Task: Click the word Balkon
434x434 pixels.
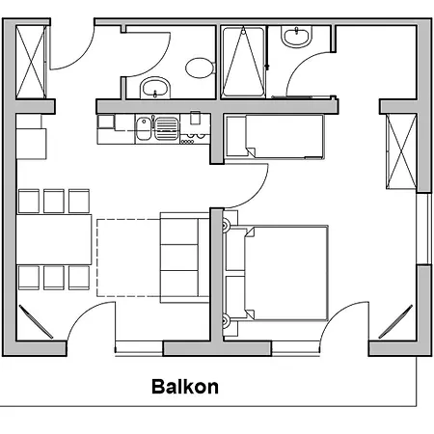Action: pyautogui.click(x=185, y=387)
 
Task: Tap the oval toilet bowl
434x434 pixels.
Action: pyautogui.click(x=200, y=68)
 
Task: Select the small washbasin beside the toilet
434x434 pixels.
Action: pyautogui.click(x=155, y=88)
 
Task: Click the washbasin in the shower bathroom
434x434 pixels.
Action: pyautogui.click(x=297, y=36)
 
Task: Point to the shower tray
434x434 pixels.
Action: pyautogui.click(x=243, y=61)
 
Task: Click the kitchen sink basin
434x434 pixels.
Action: pyautogui.click(x=144, y=128)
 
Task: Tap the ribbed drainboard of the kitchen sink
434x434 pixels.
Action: pyautogui.click(x=166, y=128)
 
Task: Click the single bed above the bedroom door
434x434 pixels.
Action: pyautogui.click(x=275, y=136)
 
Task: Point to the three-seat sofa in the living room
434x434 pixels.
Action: pyautogui.click(x=185, y=258)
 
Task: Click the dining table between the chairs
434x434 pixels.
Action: pyautogui.click(x=54, y=239)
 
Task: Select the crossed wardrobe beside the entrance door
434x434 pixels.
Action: pyautogui.click(x=31, y=62)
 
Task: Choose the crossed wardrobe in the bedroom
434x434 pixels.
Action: pyautogui.click(x=401, y=151)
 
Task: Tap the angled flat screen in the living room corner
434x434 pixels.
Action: pyautogui.click(x=36, y=321)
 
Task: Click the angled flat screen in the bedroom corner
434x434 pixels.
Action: pyautogui.click(x=395, y=321)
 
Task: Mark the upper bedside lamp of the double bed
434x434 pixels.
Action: pyautogui.click(x=227, y=225)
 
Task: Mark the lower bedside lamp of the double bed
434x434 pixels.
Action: pyautogui.click(x=227, y=320)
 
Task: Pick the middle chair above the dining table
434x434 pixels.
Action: pyautogui.click(x=54, y=201)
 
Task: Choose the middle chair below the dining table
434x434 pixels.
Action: pyautogui.click(x=54, y=278)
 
